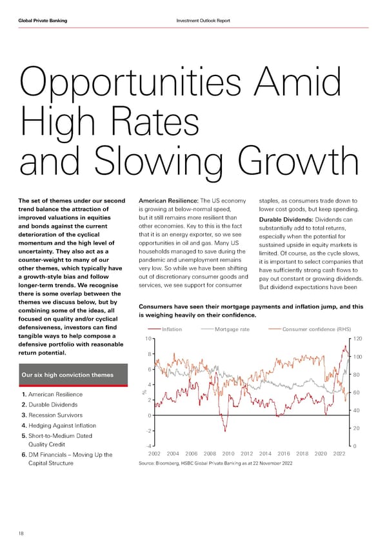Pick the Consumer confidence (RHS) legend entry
(x=313, y=329)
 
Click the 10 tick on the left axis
(x=148, y=339)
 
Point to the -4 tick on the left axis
(x=148, y=446)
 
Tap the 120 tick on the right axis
(x=357, y=339)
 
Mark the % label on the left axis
(x=144, y=394)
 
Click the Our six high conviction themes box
(x=69, y=375)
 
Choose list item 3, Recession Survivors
(x=57, y=415)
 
